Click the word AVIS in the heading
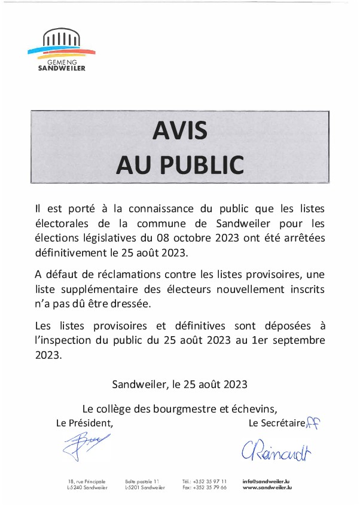pos(179,129)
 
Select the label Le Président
pos(84,423)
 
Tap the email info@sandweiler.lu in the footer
pos(266,481)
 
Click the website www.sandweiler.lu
pos(267,488)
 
